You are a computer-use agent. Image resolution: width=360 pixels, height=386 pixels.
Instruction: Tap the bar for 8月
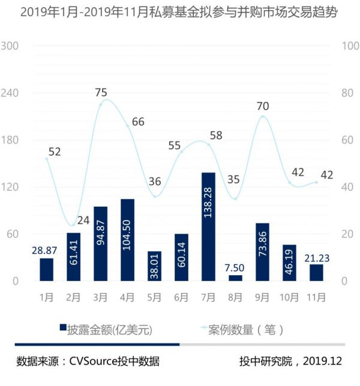[x=235, y=278]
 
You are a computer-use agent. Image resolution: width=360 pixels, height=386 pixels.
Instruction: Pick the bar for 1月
[x=47, y=270]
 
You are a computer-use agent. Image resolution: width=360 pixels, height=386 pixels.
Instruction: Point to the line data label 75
[x=101, y=92]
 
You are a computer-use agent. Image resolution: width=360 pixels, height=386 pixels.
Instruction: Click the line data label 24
[x=83, y=220]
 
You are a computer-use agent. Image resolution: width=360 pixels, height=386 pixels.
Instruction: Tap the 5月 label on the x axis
[x=154, y=297]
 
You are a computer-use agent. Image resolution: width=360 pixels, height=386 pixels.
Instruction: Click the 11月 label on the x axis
[x=316, y=297]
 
